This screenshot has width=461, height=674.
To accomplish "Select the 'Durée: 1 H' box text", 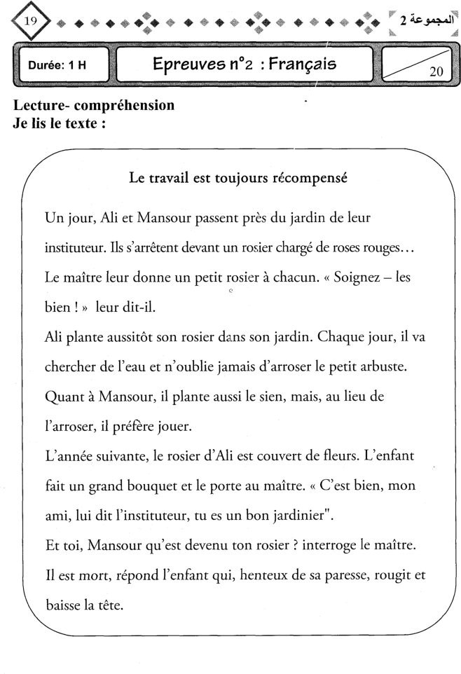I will click(57, 65).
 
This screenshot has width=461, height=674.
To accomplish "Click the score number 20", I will click(437, 71).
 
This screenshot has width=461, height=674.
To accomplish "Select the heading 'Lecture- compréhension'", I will click(93, 106).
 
